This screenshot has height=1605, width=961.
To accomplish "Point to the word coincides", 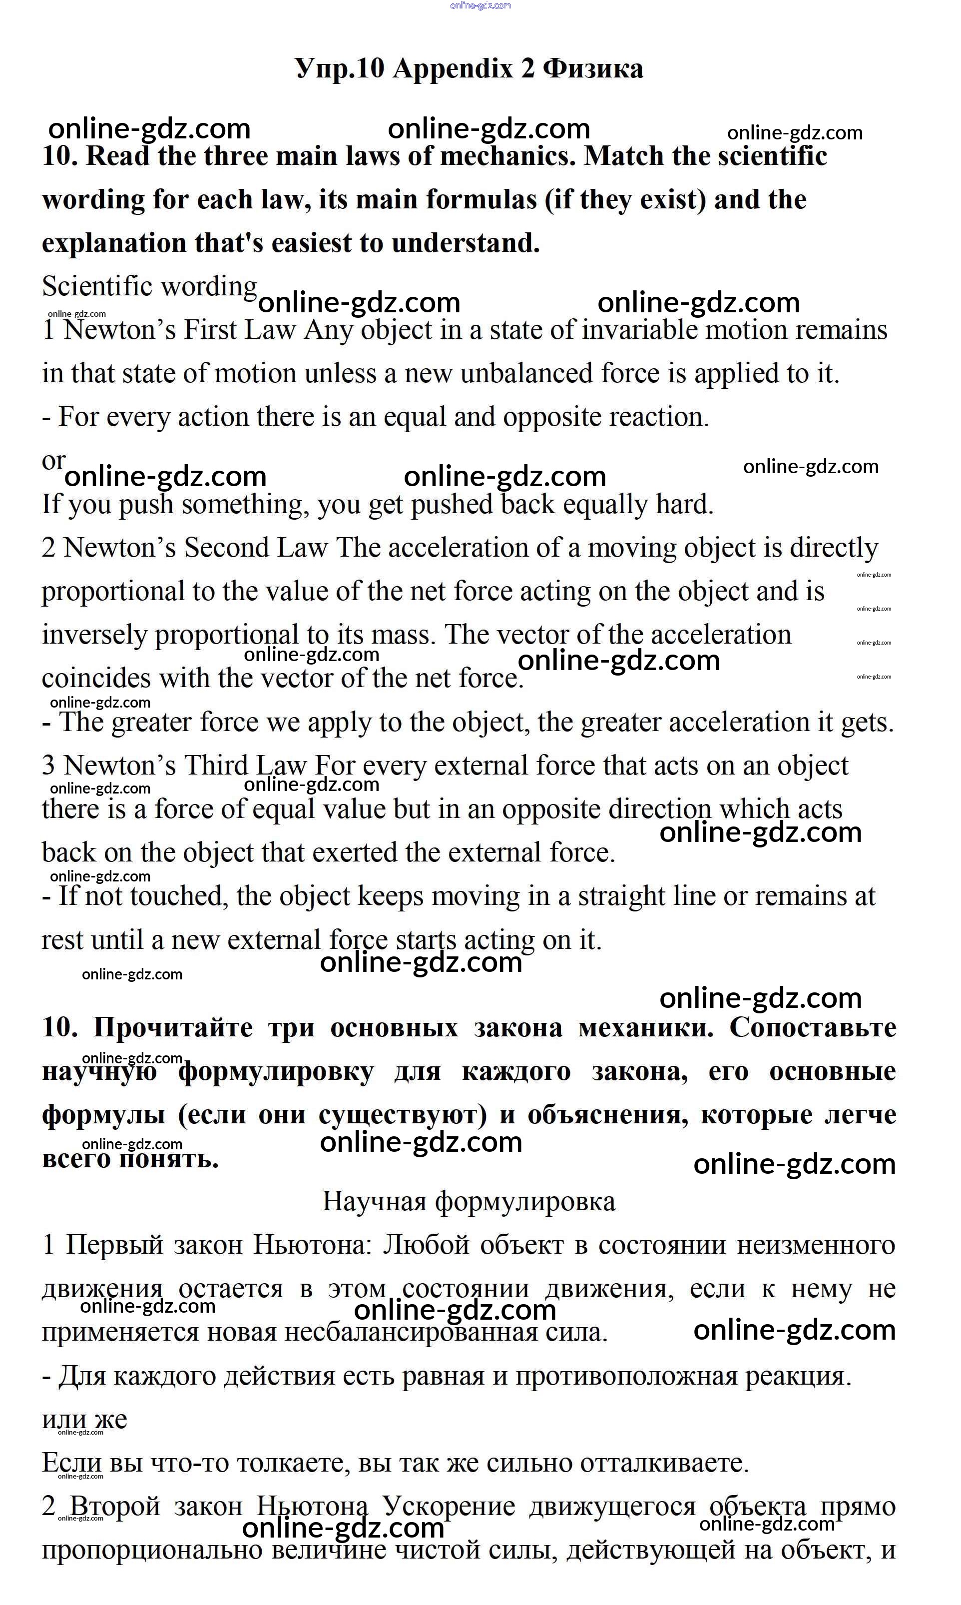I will click(96, 679).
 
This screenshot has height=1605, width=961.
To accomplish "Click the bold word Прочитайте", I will click(173, 1028).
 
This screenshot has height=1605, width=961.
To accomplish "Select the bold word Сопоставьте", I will click(813, 1028).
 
